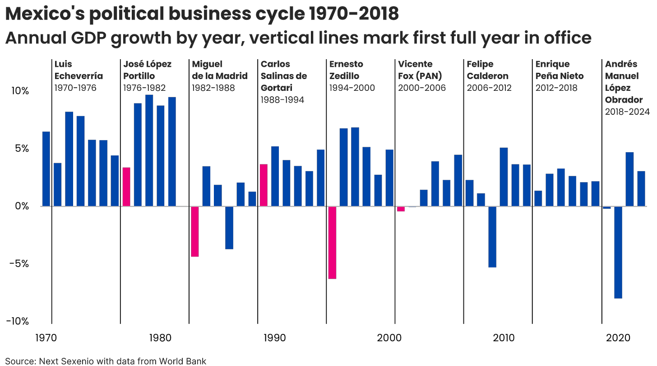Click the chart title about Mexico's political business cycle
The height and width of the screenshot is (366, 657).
click(202, 14)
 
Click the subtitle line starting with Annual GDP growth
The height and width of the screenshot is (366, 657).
click(298, 38)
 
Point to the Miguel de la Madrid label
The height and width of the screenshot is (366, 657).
click(220, 75)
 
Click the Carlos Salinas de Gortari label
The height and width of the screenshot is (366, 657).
click(284, 81)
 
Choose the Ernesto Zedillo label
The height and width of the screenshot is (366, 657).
click(352, 75)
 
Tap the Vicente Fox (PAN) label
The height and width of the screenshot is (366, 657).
click(421, 75)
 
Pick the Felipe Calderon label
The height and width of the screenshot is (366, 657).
click(488, 75)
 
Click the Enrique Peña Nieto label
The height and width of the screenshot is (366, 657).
click(560, 75)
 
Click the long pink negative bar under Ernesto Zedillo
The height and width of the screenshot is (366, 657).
click(333, 243)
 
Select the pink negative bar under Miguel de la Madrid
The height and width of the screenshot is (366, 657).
click(195, 231)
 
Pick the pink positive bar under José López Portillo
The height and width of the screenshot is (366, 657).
click(127, 187)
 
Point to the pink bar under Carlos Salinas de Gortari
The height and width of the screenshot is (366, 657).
click(264, 185)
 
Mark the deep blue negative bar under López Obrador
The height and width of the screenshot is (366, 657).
click(618, 253)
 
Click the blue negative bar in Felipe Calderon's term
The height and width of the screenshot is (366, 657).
click(492, 237)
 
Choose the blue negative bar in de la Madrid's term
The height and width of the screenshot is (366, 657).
click(230, 228)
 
